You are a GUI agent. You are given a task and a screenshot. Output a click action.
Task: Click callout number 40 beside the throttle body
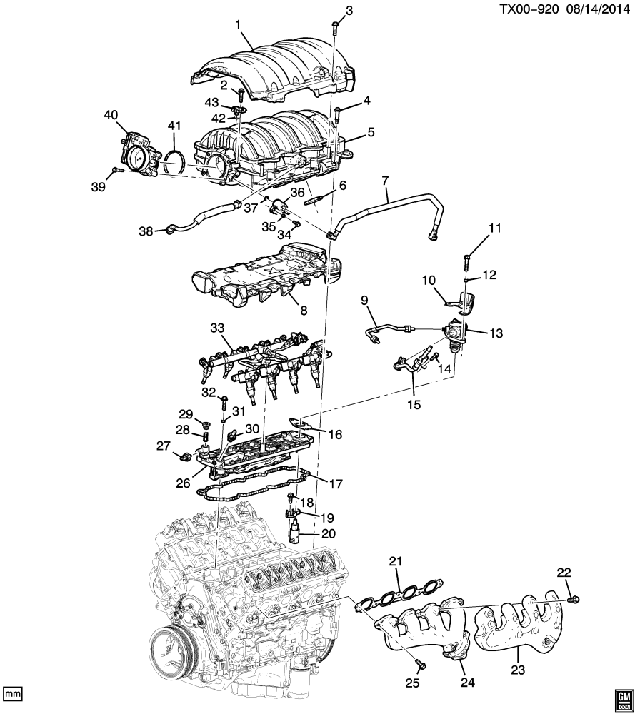(111, 115)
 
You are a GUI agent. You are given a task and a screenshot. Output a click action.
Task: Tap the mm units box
(12, 694)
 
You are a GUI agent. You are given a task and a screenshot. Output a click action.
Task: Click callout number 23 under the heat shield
(518, 670)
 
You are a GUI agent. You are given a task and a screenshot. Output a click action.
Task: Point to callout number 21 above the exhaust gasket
(396, 562)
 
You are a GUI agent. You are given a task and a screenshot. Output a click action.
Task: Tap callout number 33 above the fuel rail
(218, 328)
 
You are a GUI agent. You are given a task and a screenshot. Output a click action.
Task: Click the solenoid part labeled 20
(294, 530)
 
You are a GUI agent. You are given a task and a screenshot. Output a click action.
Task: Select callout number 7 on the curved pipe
(385, 181)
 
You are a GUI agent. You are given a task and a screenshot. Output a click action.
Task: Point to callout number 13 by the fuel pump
(496, 333)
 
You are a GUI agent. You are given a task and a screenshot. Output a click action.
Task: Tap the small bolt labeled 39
(115, 171)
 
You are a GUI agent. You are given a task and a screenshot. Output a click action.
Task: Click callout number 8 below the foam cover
(304, 311)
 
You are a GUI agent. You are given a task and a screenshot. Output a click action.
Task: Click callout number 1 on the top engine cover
(238, 24)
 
